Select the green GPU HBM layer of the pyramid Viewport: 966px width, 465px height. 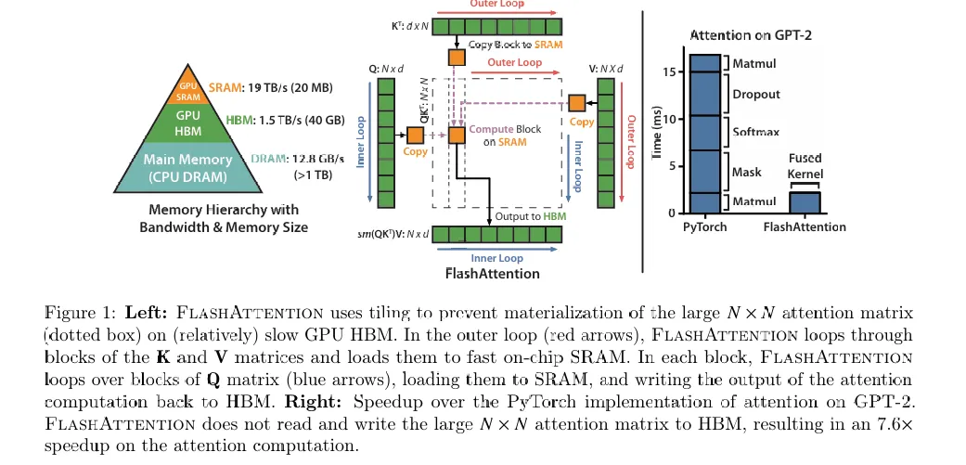tap(188, 123)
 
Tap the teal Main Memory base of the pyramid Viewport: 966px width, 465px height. tap(188, 168)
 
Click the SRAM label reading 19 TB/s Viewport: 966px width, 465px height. tap(276, 87)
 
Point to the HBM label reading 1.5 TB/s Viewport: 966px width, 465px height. tap(279, 122)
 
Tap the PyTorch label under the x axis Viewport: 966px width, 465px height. tap(704, 227)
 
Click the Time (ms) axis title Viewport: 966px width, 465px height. tap(657, 135)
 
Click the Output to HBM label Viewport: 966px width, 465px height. tap(528, 216)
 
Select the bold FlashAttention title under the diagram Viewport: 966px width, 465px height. tap(492, 274)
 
